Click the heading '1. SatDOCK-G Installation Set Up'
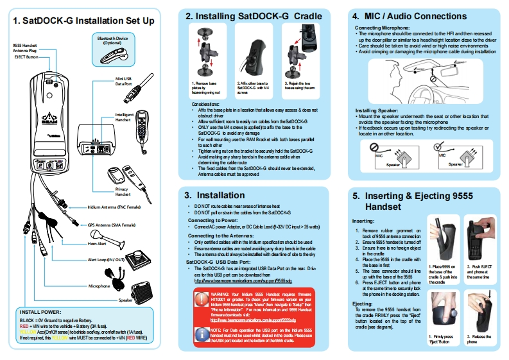83,21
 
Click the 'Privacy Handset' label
124,191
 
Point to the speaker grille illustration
148,292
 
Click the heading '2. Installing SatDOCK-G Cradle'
254,15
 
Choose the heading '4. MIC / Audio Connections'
421,15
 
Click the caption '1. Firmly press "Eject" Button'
441,340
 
